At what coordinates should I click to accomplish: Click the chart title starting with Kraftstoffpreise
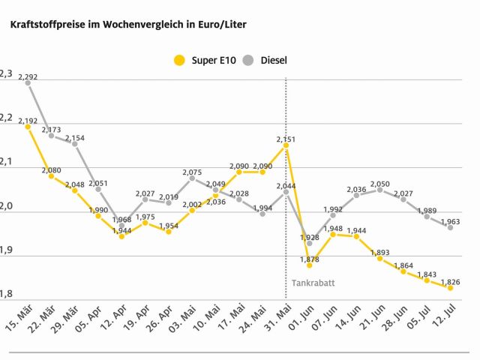tap(127, 24)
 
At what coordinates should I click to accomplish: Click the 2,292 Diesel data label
tap(28, 76)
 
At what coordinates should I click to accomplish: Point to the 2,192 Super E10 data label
tap(28, 121)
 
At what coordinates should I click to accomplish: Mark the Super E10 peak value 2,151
tap(286, 139)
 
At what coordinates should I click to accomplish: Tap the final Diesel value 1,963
tap(450, 221)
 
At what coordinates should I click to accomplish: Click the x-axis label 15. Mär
tap(19, 317)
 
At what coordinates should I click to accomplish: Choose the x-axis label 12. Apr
tap(112, 317)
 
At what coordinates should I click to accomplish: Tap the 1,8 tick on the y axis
tap(5, 294)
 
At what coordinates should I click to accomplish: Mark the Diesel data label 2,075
tap(192, 172)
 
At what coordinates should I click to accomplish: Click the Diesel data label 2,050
tap(379, 184)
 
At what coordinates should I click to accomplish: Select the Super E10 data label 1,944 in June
tap(356, 230)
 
